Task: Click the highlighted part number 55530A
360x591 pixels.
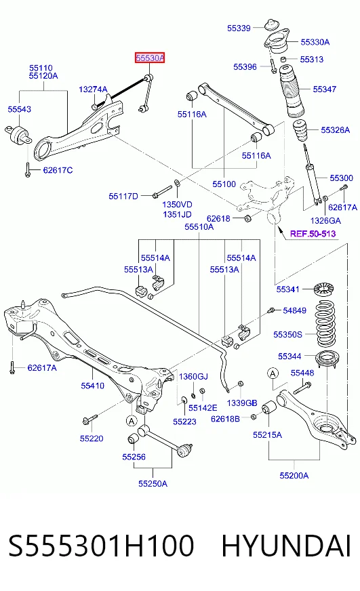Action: [150, 58]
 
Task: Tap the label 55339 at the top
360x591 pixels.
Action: [239, 28]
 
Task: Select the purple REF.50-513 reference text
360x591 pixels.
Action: [313, 234]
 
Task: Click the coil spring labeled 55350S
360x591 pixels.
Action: [325, 323]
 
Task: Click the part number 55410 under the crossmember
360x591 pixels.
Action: [92, 386]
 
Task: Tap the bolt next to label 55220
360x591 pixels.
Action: [89, 419]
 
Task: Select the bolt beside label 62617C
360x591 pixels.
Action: [28, 169]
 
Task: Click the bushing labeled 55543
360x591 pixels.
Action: [18, 134]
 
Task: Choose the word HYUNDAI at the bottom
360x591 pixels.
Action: [286, 546]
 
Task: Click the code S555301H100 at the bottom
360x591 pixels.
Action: [101, 546]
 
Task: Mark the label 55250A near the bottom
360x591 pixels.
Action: [153, 484]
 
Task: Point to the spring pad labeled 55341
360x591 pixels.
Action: [324, 289]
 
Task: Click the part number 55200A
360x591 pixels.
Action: [294, 476]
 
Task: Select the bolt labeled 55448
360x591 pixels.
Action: [302, 388]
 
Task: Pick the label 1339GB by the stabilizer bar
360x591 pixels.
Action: [242, 403]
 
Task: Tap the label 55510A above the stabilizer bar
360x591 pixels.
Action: [199, 227]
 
